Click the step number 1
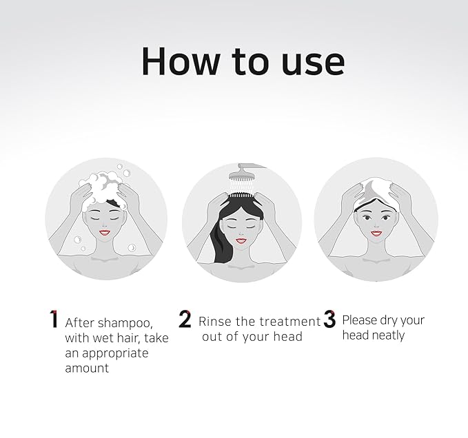point(53,320)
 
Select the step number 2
point(185,320)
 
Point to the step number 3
point(329,320)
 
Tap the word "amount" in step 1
point(87,368)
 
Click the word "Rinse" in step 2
point(214,321)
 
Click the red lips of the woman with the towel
point(376,233)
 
